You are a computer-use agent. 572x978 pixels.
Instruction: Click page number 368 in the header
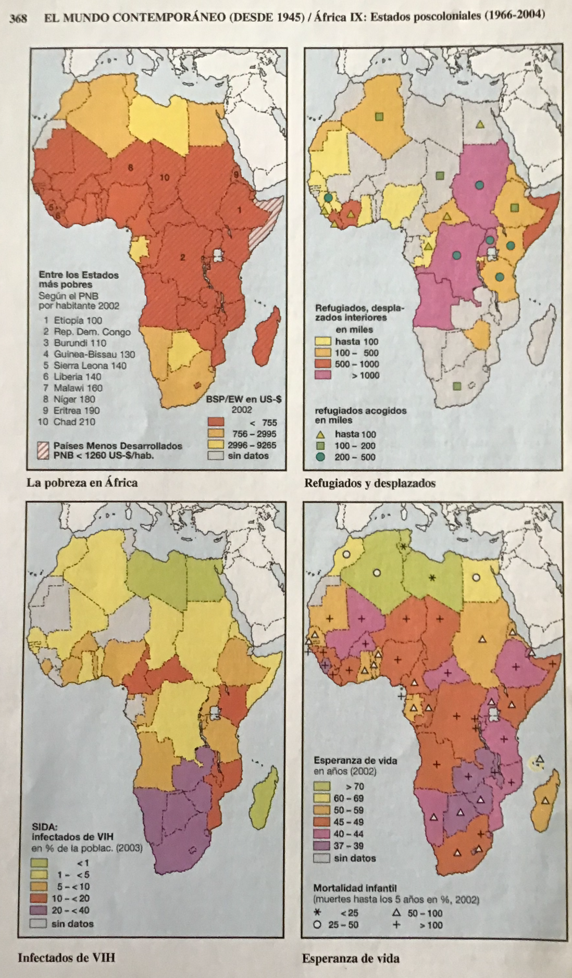18,19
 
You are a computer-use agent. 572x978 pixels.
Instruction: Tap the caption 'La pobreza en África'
82,483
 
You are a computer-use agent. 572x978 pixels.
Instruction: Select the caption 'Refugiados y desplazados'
369,483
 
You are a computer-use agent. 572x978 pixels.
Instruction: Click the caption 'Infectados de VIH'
66,957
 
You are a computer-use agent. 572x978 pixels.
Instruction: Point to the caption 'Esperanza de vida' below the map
350,958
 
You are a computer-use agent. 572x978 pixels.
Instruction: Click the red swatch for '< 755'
216,422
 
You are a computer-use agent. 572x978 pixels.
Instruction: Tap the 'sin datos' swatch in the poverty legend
216,456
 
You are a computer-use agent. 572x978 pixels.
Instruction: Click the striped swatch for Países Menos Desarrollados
43,450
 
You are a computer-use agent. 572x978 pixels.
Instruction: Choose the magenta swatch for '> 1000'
323,375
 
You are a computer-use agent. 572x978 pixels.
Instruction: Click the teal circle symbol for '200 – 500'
320,457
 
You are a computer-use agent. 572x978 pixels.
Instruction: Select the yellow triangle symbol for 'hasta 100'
320,434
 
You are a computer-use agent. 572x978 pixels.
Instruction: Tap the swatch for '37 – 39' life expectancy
321,846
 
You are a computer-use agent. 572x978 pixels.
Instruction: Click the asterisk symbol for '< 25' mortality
316,913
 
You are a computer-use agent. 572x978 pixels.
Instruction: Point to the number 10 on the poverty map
164,178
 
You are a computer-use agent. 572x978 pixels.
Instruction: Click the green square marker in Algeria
379,117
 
